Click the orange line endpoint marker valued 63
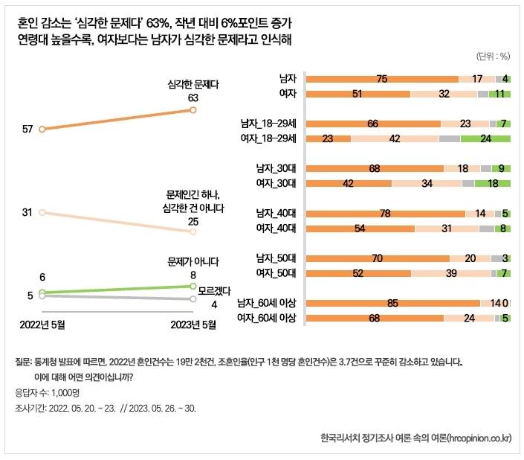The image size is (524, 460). [193, 110]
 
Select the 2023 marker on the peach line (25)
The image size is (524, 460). [193, 231]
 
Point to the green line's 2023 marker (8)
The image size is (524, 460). [193, 286]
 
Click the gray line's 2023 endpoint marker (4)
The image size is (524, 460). [193, 299]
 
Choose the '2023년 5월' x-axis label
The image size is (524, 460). [193, 325]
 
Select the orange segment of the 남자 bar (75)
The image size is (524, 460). [382, 79]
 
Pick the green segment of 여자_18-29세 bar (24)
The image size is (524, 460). [485, 138]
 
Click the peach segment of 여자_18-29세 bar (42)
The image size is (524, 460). [395, 138]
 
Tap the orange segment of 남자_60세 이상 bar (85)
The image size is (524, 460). [392, 303]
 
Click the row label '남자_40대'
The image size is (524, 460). [276, 214]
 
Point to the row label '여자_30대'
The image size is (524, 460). [276, 183]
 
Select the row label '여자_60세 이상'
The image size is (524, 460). [266, 319]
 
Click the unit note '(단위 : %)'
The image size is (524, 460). [491, 56]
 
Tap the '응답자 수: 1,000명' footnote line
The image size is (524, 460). [45, 392]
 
